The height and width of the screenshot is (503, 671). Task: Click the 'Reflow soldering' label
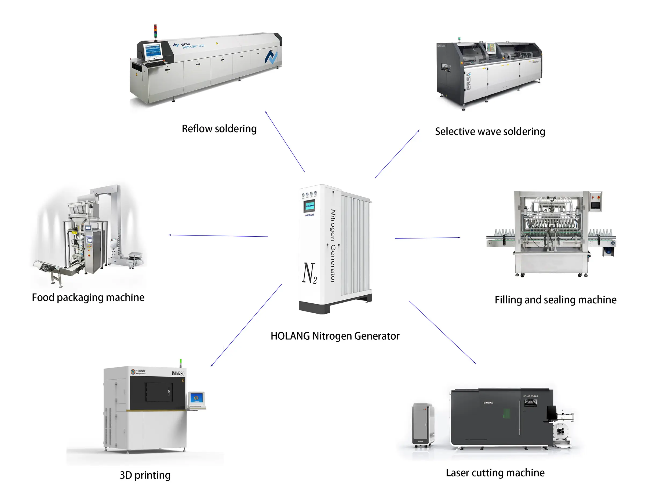click(x=219, y=128)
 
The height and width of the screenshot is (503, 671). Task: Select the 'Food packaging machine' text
click(x=88, y=297)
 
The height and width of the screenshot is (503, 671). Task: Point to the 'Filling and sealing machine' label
click(x=555, y=300)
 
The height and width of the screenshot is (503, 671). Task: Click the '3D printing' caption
click(x=145, y=475)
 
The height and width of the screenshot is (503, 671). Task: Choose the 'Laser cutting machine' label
click(x=495, y=472)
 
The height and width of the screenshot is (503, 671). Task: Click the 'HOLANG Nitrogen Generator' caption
click(x=335, y=336)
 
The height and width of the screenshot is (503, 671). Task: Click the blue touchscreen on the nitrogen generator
click(x=309, y=206)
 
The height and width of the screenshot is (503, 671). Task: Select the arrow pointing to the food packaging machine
click(x=218, y=236)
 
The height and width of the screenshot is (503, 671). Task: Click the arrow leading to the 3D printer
click(x=246, y=325)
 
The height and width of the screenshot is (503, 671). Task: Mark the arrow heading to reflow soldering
click(x=285, y=142)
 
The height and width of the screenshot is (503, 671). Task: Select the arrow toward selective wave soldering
click(x=397, y=154)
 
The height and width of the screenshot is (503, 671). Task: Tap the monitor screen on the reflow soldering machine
click(x=153, y=51)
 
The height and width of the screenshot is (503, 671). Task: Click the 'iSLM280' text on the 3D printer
click(x=178, y=373)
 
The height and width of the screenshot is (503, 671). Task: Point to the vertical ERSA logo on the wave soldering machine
click(x=469, y=81)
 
